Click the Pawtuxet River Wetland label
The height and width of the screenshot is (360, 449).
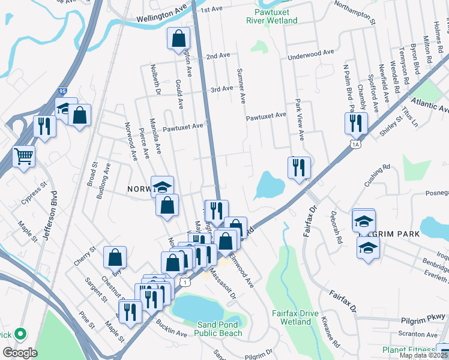pyautogui.click(x=271, y=16)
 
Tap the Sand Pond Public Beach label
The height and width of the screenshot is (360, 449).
pyautogui.click(x=220, y=329)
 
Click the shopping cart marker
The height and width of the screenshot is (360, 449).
pyautogui.click(x=23, y=158)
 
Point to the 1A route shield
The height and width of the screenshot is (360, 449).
pyautogui.click(x=355, y=144)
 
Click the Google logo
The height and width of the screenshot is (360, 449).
pyautogui.click(x=19, y=353)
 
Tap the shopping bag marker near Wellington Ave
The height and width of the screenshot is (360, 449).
pyautogui.click(x=178, y=40)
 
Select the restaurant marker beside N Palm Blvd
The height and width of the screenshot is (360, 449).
pyautogui.click(x=356, y=124)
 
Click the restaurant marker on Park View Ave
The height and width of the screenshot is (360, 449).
pyautogui.click(x=299, y=168)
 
